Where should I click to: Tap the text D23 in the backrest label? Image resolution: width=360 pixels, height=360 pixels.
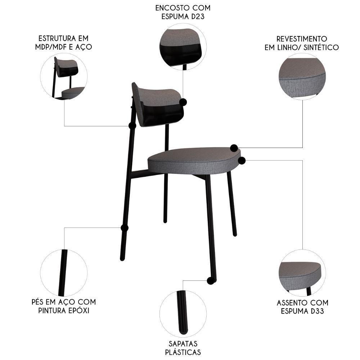click(195, 16)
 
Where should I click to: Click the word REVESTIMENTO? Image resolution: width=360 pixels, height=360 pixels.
click(302, 39)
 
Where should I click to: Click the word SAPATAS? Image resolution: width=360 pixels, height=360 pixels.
click(183, 344)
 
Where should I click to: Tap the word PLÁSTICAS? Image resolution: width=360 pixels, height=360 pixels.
click(183, 352)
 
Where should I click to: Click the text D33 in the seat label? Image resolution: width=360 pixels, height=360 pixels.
click(316, 311)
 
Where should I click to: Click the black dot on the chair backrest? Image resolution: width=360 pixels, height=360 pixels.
click(183, 102)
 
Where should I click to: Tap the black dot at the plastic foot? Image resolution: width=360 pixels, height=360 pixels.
click(211, 281)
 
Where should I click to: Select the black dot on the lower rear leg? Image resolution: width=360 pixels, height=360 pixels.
click(125, 228)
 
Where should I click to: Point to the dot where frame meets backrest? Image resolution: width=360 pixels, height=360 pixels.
click(132, 126)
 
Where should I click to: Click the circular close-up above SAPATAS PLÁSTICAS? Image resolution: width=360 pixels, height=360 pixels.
click(183, 313)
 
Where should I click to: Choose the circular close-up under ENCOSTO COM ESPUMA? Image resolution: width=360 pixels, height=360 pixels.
click(183, 47)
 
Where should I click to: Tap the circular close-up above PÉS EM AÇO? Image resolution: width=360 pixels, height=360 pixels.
click(64, 273)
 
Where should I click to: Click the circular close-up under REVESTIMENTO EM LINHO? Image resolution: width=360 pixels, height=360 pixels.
click(302, 76)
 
